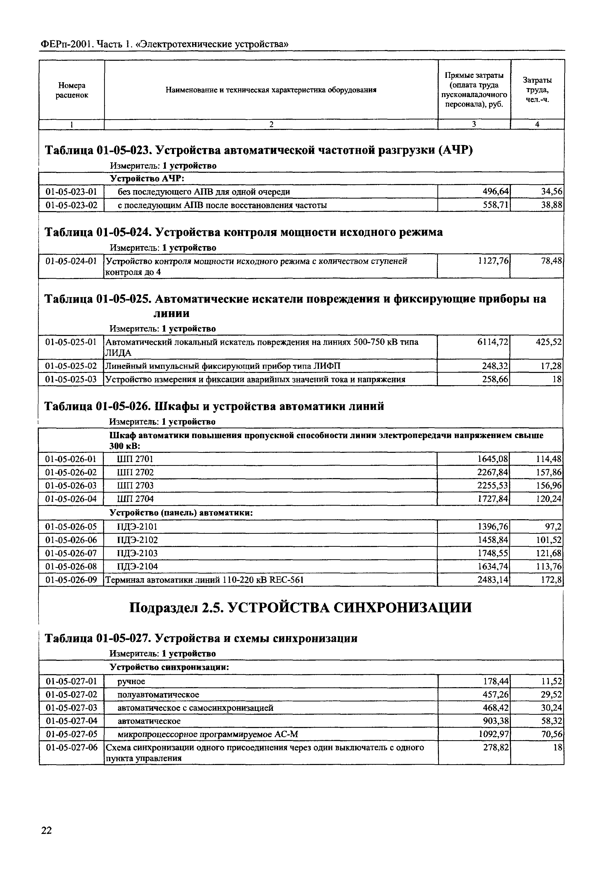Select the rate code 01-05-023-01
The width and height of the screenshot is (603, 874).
coord(71,192)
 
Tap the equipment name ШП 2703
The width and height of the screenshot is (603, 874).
coord(135,485)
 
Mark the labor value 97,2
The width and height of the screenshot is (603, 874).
coord(554,527)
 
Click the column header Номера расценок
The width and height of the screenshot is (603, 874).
coord(72,90)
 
